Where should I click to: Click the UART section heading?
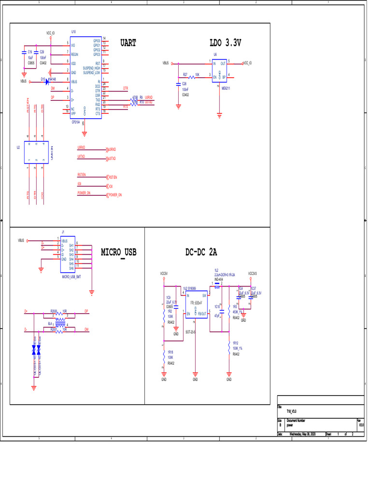pos(128,43)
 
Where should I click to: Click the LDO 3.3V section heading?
pos(225,43)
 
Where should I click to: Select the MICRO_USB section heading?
pos(119,252)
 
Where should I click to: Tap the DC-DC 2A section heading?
pos(201,252)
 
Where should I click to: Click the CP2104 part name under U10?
pos(76,123)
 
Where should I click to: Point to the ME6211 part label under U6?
pos(226,88)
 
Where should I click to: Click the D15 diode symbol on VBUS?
pos(47,82)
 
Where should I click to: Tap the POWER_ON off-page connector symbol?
pos(108,195)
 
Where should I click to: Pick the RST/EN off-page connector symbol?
pos(108,177)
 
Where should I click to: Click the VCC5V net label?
pos(164,274)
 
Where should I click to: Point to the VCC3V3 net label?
pos(252,274)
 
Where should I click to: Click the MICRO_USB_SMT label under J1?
pos(71,277)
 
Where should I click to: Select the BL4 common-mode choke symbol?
pos(60,324)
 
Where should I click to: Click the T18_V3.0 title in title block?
pos(291,412)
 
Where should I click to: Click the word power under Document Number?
pos(290,425)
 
